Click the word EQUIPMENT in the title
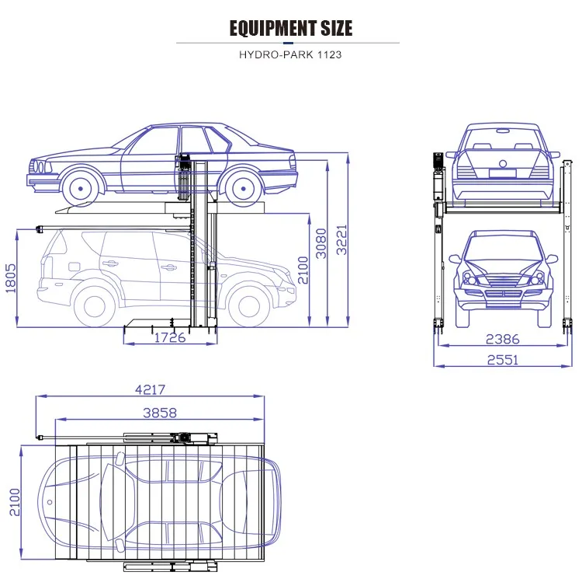tap(269, 29)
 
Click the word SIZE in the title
tap(332, 29)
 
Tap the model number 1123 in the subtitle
tap(327, 55)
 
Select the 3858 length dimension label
tap(159, 412)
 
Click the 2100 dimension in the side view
tap(303, 269)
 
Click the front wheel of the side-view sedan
tap(83, 188)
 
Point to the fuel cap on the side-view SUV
tap(74, 267)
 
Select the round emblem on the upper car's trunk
tap(502, 163)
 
